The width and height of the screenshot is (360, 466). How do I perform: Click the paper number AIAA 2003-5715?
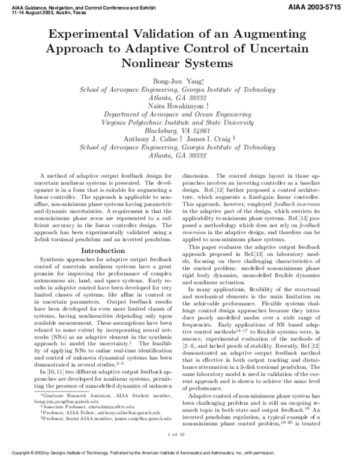(x=325, y=4)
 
